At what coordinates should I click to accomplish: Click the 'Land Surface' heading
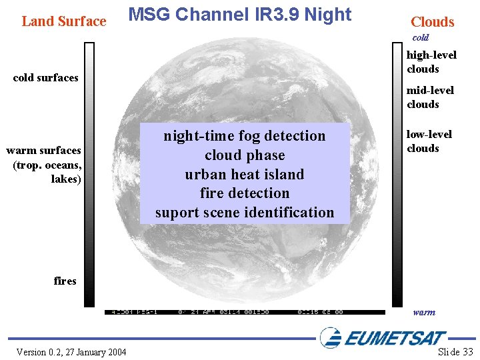(64, 21)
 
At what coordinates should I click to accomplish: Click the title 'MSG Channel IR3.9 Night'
(239, 15)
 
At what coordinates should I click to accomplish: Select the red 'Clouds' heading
(432, 22)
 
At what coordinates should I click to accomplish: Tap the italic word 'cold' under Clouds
(420, 38)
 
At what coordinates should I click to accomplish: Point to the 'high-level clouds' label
(431, 62)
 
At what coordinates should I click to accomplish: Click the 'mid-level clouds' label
(431, 97)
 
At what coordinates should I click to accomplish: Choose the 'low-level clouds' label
(429, 141)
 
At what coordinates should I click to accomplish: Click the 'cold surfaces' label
(45, 78)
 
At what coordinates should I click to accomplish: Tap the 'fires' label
(65, 281)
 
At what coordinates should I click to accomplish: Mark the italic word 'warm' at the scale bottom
(424, 312)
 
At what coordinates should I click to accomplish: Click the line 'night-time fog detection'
(245, 136)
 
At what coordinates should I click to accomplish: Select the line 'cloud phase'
(245, 155)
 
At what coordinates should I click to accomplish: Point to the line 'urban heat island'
(245, 175)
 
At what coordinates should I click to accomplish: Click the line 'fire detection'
(245, 193)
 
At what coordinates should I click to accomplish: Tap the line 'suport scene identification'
(245, 213)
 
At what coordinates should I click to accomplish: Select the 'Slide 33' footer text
(455, 352)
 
